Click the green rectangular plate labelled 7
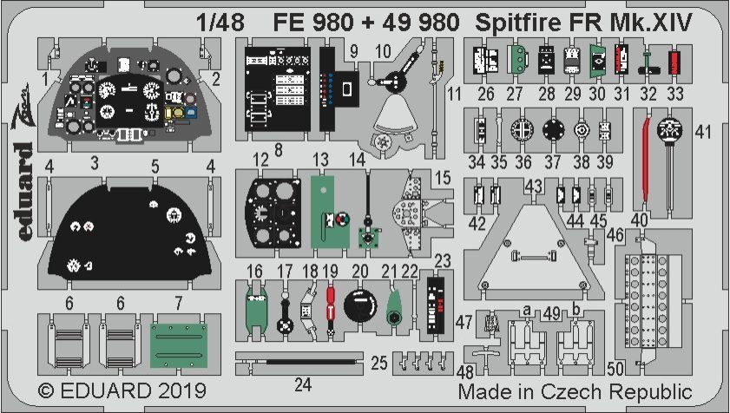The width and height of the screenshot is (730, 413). [x=181, y=345]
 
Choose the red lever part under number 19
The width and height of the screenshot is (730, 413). [x=330, y=308]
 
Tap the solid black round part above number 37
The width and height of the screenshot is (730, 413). [x=553, y=129]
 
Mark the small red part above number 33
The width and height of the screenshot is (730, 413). [x=674, y=62]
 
